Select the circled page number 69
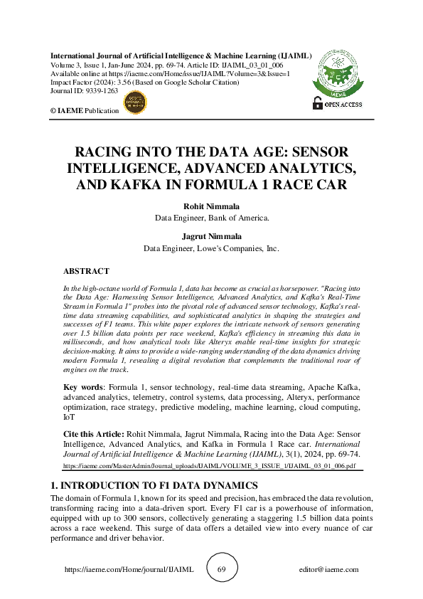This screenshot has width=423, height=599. click(221, 570)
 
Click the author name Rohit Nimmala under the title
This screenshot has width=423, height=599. click(211, 206)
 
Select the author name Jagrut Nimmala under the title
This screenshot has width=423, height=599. click(211, 237)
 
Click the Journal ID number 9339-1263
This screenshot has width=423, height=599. click(100, 92)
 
